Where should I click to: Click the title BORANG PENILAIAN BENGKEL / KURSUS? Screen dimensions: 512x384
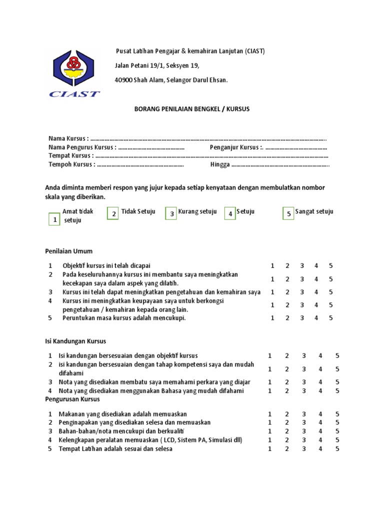click(192, 108)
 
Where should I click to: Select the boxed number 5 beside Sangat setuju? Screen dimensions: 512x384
click(288, 214)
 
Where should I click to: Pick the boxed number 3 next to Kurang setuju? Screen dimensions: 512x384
click(171, 214)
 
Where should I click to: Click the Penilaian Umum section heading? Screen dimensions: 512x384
click(69, 251)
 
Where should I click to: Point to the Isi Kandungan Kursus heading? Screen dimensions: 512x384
click(75, 341)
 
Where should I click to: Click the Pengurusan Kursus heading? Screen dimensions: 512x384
click(72, 399)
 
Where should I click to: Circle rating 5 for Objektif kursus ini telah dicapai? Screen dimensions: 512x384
click(331, 265)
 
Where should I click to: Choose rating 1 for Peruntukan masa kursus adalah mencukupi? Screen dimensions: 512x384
click(272, 318)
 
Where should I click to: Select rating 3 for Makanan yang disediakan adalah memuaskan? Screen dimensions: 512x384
click(303, 414)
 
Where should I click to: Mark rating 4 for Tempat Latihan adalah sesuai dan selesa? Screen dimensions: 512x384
click(320, 449)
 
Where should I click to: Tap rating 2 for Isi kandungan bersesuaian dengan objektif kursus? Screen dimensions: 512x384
click(287, 356)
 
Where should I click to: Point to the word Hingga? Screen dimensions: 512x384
click(220, 164)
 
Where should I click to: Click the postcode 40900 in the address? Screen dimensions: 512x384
click(124, 80)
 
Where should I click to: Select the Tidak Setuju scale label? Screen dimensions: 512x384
click(138, 211)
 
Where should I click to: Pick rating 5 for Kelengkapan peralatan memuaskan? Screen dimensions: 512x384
click(337, 440)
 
